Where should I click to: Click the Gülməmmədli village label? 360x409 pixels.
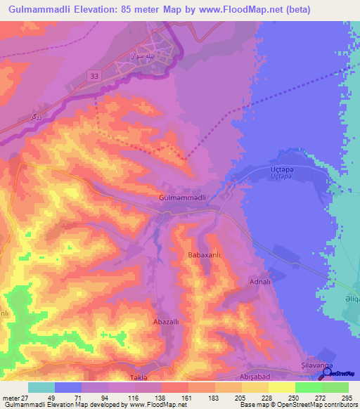[x=182, y=198]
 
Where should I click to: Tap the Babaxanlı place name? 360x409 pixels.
[x=205, y=255]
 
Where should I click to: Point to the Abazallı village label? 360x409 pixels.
[x=167, y=322]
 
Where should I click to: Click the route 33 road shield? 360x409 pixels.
[x=94, y=74]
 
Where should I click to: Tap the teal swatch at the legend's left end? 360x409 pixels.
[x=41, y=387]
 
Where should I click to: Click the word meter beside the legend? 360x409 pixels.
[x=11, y=398]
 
